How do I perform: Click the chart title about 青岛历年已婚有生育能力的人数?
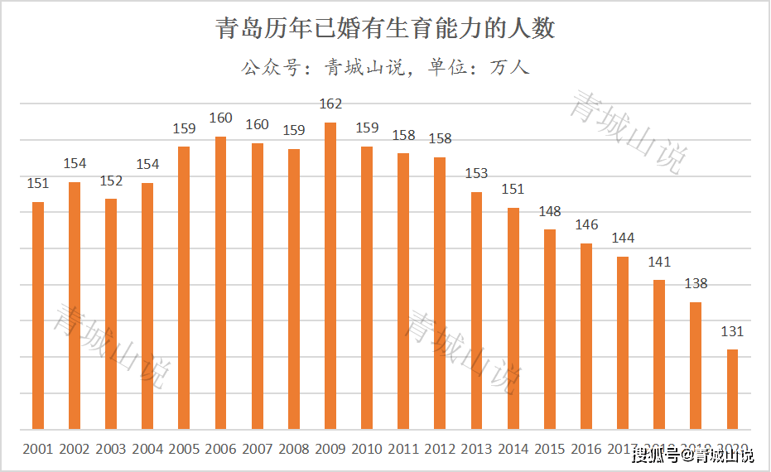click(385, 29)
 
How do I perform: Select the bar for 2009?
click(330, 276)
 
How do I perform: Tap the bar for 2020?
click(732, 389)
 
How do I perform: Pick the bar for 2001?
click(38, 315)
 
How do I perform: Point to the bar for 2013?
click(476, 311)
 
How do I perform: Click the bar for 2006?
click(221, 282)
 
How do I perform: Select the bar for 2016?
click(586, 336)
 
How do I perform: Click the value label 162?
click(330, 104)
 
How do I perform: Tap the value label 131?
click(732, 331)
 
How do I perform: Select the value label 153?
click(476, 174)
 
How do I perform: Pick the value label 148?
click(550, 211)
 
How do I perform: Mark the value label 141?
click(659, 262)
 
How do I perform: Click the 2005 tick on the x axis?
click(184, 450)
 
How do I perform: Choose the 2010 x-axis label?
click(367, 450)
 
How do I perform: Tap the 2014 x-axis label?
click(513, 450)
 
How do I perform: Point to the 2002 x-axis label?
click(75, 450)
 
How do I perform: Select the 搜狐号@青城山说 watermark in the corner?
click(694, 455)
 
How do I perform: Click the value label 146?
click(586, 225)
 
